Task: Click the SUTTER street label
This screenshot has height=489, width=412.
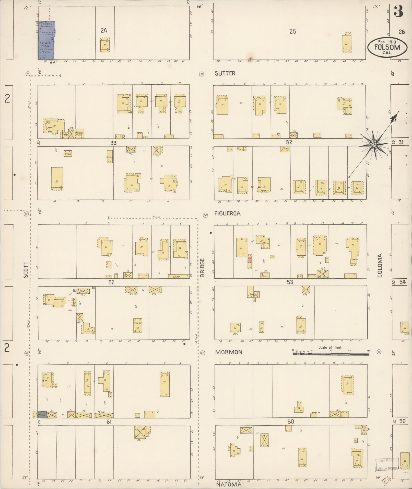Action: click(225, 74)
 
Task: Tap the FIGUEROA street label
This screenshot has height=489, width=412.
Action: click(227, 213)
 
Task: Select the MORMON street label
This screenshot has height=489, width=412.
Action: click(228, 352)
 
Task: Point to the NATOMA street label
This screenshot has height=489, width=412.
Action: click(229, 484)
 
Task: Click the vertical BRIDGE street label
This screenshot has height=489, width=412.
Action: click(203, 268)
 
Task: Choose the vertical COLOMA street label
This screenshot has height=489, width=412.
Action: click(380, 265)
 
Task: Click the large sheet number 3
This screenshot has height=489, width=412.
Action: click(398, 12)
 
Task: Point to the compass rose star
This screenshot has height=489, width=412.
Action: click(374, 145)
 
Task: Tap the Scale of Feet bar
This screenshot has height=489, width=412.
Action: click(331, 354)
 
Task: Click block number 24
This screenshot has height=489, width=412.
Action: click(104, 31)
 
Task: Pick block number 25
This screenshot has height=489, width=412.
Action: click(293, 32)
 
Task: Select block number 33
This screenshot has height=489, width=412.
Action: click(113, 143)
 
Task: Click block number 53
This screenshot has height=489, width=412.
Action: click(290, 282)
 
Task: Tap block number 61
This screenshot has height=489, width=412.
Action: click(109, 422)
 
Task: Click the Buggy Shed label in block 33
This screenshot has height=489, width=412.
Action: click(78, 134)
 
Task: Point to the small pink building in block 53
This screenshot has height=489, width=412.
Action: click(250, 260)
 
